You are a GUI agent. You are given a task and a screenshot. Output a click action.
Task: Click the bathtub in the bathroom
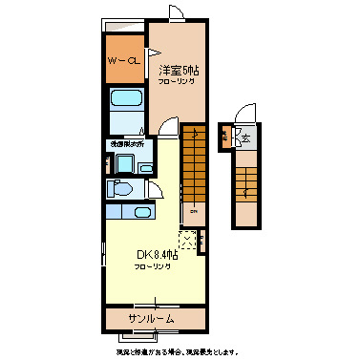[x=126, y=101]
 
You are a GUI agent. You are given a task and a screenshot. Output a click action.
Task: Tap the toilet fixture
[x=121, y=189]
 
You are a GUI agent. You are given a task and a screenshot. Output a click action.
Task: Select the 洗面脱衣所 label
[x=125, y=145]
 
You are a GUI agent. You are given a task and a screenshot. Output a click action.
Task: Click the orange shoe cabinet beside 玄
[x=225, y=136]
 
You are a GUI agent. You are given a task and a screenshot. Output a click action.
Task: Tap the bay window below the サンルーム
[x=142, y=336]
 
